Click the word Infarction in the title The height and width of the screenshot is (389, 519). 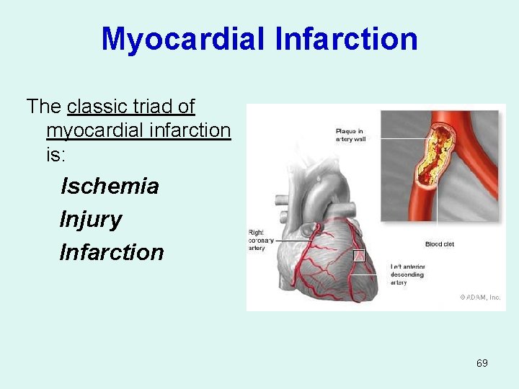(346, 39)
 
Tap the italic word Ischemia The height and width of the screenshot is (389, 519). (110, 186)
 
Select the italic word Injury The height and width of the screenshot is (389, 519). (91, 219)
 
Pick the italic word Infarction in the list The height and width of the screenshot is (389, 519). (112, 252)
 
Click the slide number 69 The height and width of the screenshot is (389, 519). (482, 363)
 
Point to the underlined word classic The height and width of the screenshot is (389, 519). (96, 107)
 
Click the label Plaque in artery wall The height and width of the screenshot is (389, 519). (350, 135)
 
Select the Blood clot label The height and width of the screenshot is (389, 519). (439, 244)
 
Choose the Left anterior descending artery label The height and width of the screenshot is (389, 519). (408, 274)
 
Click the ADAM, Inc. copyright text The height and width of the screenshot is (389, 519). (480, 297)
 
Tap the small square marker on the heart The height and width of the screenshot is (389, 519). (359, 255)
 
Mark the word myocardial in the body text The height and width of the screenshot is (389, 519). (101, 130)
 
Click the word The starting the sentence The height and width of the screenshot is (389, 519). (43, 107)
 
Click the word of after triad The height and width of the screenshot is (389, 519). (186, 107)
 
